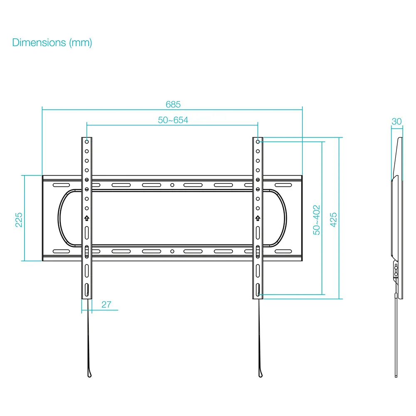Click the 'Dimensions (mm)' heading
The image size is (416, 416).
click(52, 43)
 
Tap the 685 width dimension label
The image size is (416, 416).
click(173, 104)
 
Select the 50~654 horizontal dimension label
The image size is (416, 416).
click(173, 120)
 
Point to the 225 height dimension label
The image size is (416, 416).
click(19, 220)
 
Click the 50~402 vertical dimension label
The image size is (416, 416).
click(317, 220)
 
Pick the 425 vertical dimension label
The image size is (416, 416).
click(333, 220)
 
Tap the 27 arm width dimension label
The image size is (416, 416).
click(106, 305)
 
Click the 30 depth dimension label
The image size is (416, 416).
click(396, 121)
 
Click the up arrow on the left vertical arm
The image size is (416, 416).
click(87, 218)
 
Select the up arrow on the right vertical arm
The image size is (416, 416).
click(258, 218)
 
